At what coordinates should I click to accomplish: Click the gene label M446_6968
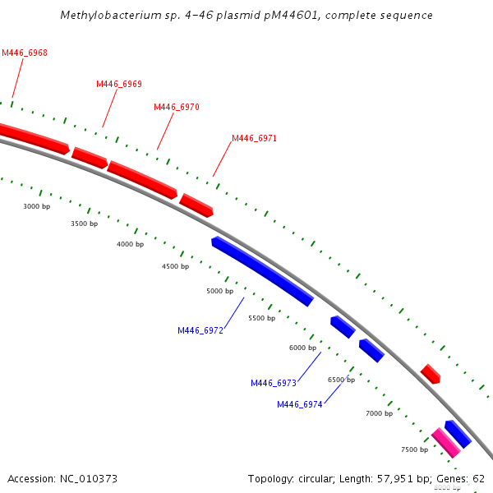point(25,53)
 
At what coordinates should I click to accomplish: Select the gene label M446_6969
point(119,84)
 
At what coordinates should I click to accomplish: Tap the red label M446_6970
point(177,107)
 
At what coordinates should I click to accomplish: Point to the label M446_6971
point(254,138)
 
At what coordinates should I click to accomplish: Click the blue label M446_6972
point(200,330)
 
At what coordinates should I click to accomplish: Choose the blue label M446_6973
point(274,383)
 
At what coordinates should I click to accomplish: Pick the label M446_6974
point(300,404)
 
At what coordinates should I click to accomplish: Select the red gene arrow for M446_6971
point(196,205)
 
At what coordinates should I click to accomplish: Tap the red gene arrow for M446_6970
point(142,179)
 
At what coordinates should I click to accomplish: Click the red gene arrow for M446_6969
point(90,157)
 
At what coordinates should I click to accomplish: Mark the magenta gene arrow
point(446,442)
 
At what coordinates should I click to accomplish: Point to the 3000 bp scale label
point(37,206)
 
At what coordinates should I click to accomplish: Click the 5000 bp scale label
point(220,291)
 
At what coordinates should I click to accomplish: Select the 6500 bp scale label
point(341,380)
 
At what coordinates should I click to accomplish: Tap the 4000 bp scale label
point(130,244)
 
